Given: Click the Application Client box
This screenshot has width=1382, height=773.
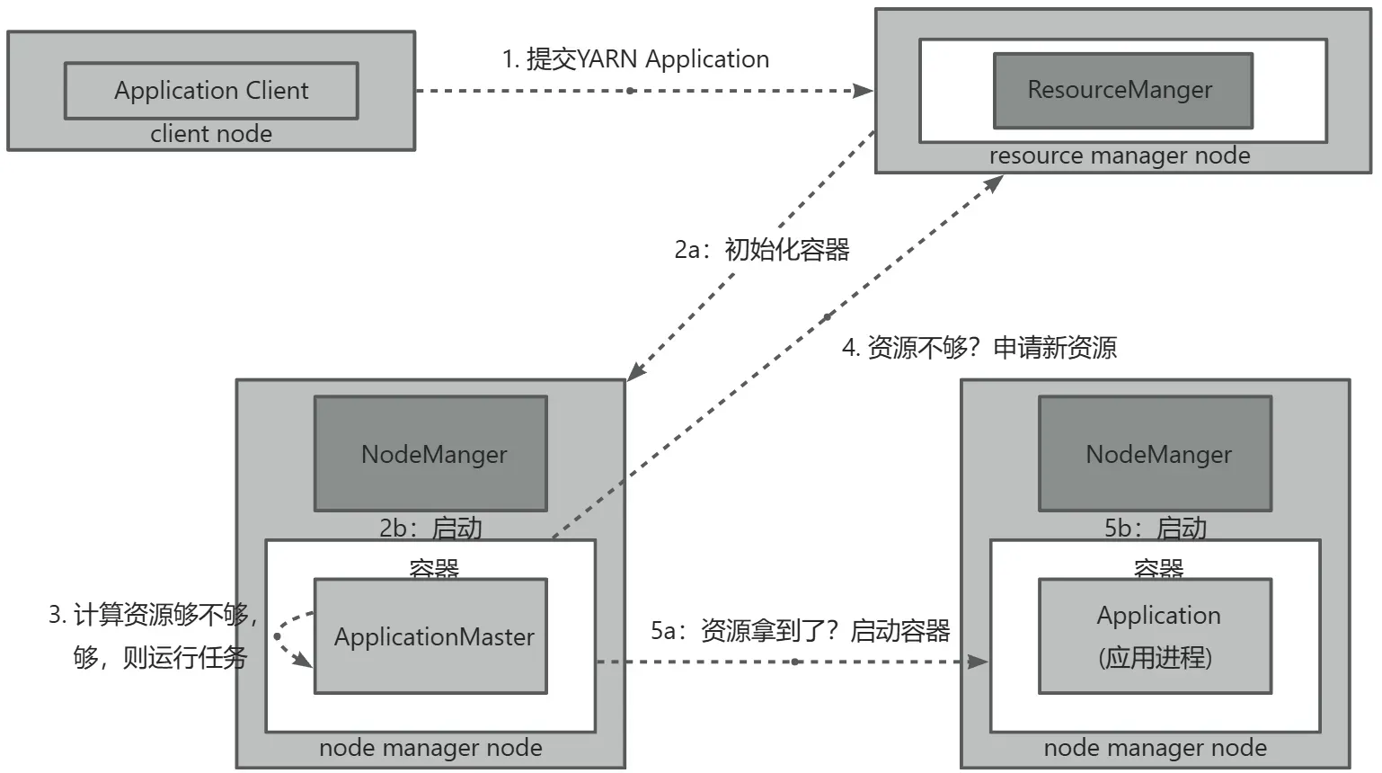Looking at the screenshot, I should tap(211, 91).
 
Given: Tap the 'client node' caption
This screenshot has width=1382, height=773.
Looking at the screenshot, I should tap(211, 134).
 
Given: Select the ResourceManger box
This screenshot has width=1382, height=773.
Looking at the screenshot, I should tap(1122, 90).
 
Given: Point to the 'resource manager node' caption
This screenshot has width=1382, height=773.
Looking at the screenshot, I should tap(1120, 155).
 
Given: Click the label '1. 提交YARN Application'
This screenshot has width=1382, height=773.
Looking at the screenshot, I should tap(635, 59).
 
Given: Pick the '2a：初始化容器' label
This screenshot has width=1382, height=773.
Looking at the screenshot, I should tap(762, 249).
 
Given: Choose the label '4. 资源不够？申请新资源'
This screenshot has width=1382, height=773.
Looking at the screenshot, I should tap(979, 347).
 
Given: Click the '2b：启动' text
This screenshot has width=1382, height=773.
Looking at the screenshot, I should tap(430, 528).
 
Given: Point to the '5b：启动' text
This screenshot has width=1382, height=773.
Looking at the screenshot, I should tap(1156, 528).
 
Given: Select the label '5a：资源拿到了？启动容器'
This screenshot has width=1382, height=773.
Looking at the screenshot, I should tap(801, 631).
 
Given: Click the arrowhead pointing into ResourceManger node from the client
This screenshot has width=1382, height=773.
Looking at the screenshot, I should tap(864, 91).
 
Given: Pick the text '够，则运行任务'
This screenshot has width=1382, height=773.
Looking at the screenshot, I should tap(160, 657).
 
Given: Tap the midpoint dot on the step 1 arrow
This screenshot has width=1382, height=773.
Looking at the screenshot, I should tap(631, 91).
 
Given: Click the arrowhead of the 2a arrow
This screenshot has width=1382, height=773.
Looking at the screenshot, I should tap(634, 372).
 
